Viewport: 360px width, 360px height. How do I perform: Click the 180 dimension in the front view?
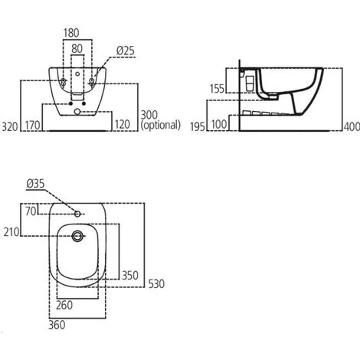pos(72,33)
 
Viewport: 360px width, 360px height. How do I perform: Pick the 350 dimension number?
pos(129,274)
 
